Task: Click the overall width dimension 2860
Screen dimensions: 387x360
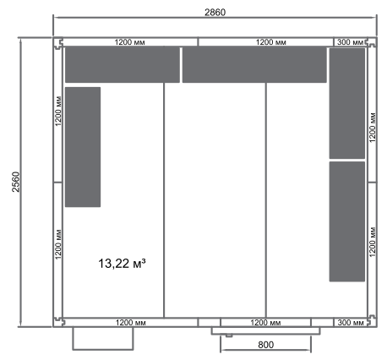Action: (215, 13)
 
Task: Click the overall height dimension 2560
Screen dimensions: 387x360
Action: (16, 182)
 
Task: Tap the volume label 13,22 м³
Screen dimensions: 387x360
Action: (122, 264)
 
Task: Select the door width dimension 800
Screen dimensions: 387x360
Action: (265, 345)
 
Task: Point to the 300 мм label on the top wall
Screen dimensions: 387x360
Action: (351, 42)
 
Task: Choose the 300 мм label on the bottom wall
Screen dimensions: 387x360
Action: (351, 323)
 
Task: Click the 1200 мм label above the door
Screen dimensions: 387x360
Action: (265, 323)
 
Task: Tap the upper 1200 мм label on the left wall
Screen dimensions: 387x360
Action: (58, 111)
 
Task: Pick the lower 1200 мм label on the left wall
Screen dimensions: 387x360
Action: (58, 244)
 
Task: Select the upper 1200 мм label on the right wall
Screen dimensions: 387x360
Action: (373, 128)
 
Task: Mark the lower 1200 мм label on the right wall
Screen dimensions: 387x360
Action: (373, 242)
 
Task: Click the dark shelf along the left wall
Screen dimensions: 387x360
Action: (83, 147)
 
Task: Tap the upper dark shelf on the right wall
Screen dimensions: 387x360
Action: (347, 103)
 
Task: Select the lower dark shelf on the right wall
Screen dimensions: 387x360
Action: (347, 221)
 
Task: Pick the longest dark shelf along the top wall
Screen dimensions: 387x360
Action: (254, 65)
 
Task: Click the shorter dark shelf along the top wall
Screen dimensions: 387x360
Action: (123, 65)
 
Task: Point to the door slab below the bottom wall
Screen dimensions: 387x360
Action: (265, 330)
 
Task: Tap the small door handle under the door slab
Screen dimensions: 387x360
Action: (229, 335)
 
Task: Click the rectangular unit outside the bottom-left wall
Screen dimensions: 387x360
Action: (103, 339)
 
